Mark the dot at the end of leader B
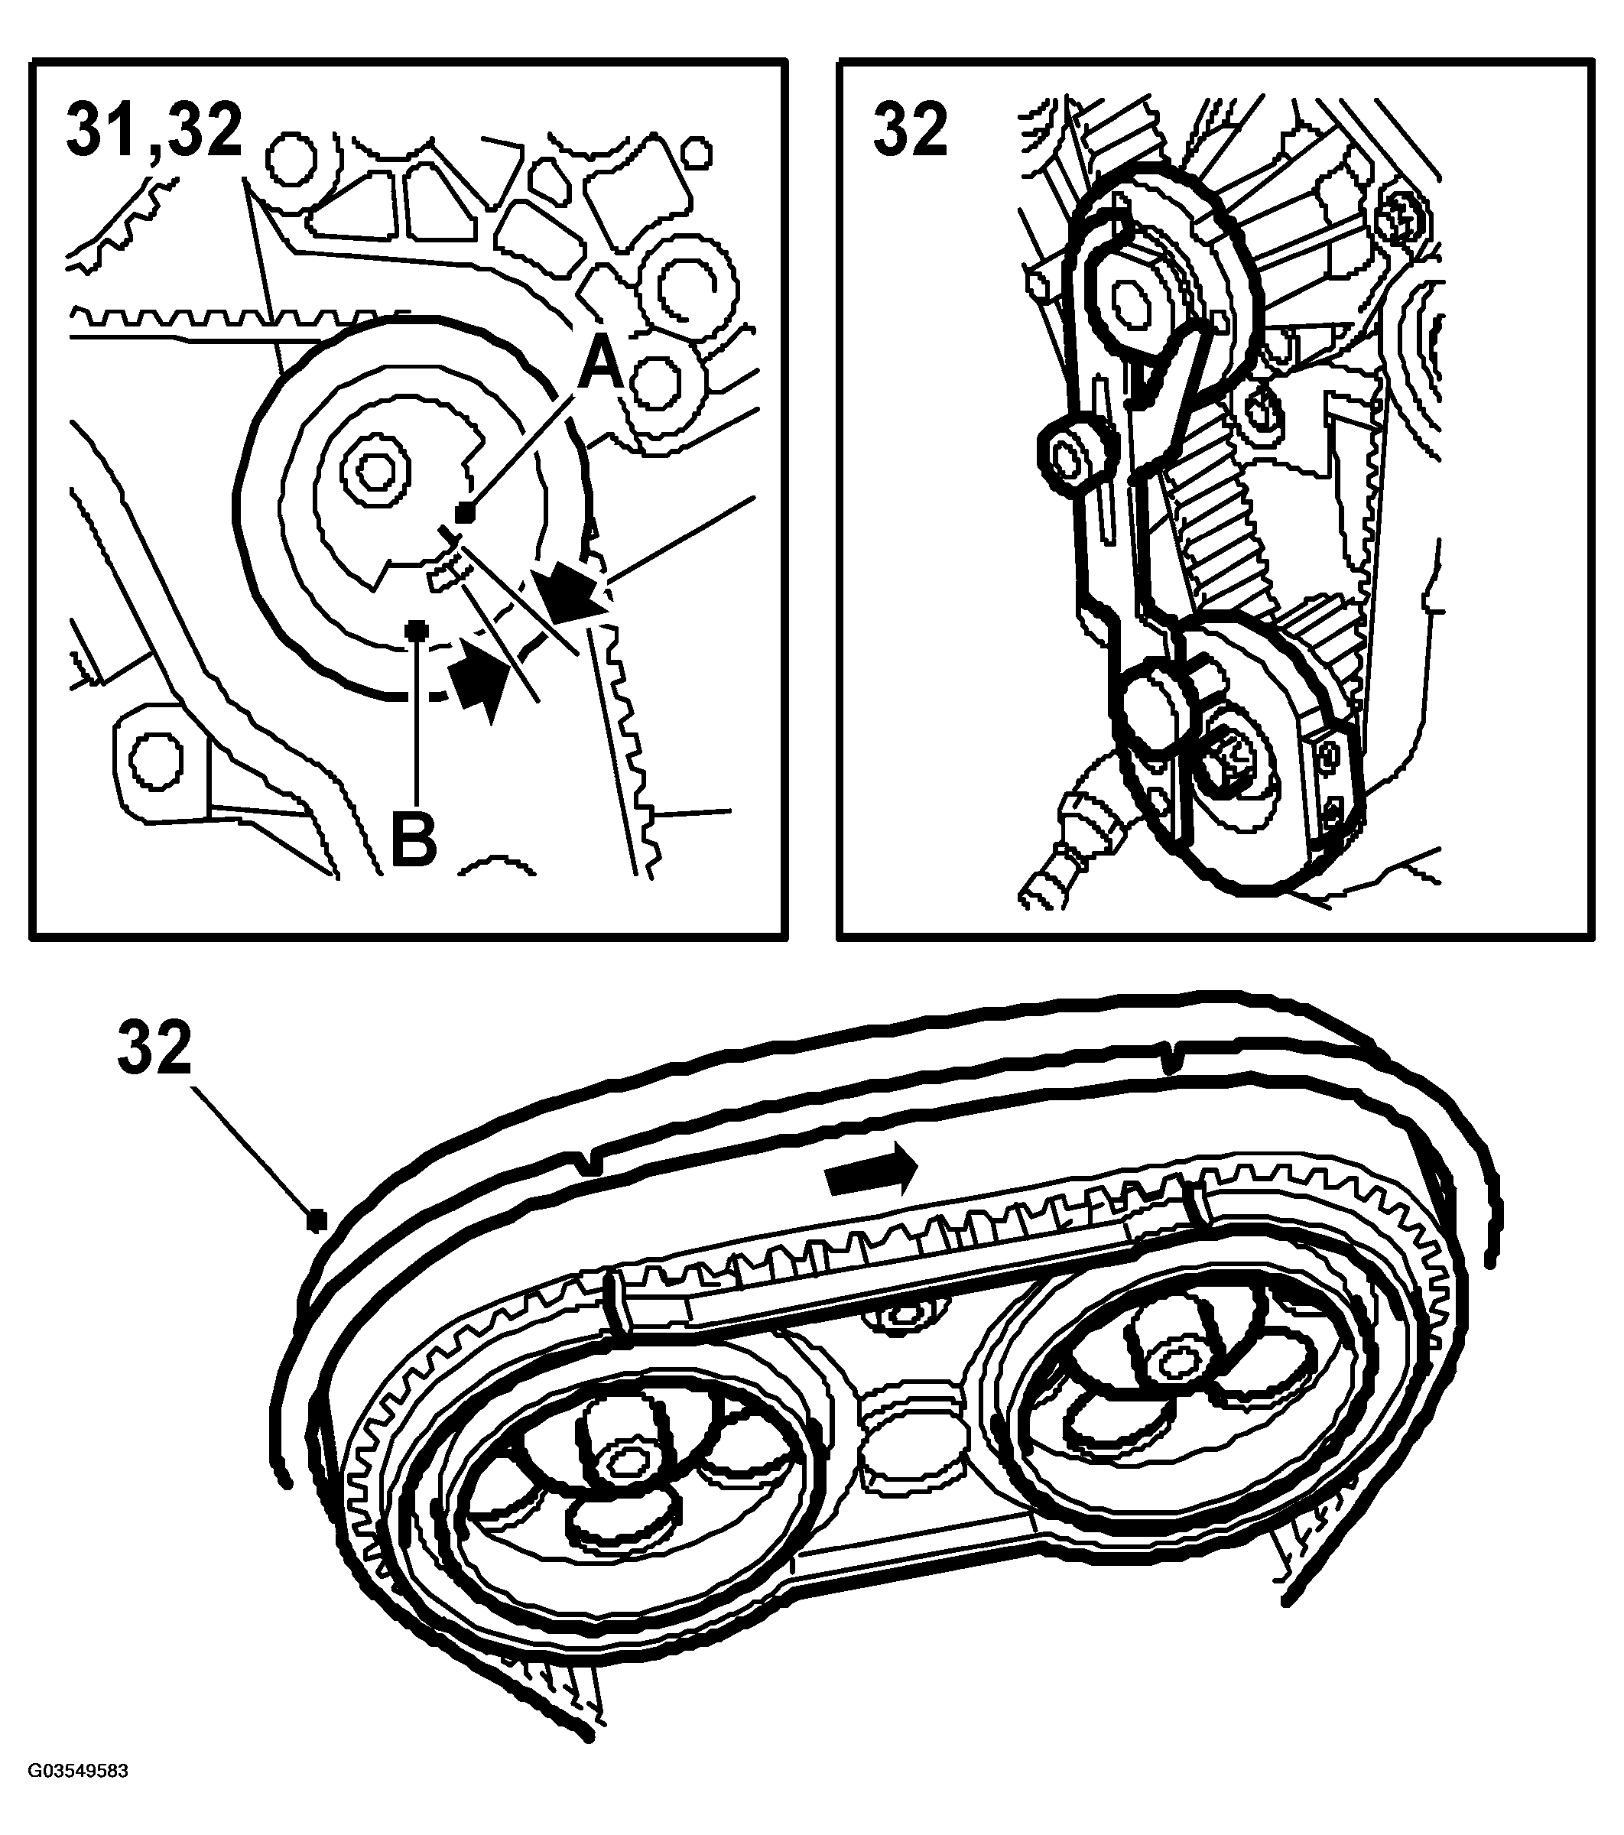(414, 629)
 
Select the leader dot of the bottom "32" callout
(315, 1220)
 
